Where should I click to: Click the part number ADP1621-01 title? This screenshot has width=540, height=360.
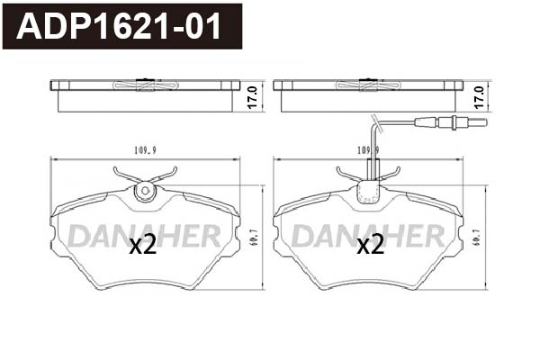121,27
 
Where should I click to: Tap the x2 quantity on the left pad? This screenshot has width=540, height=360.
143,245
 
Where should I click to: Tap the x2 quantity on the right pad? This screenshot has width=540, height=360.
371,245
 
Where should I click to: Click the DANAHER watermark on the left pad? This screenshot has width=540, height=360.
145,236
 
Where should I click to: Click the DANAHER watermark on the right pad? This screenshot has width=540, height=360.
369,236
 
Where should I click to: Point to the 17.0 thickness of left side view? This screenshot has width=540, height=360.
253,94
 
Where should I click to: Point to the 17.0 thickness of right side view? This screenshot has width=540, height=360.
479,94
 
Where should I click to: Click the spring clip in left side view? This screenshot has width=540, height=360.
145,85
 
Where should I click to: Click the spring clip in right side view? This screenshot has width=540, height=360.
369,85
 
